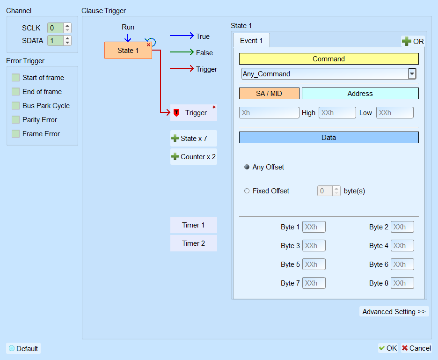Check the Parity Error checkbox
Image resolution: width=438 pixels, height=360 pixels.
[x=15, y=120]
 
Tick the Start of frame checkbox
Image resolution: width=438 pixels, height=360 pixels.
[x=15, y=77]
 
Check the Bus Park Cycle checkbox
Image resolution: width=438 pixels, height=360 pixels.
[x=15, y=106]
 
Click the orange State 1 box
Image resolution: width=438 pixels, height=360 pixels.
[x=128, y=50]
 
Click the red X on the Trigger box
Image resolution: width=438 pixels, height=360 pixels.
[x=214, y=107]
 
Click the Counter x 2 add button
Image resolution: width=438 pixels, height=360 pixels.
[x=194, y=156]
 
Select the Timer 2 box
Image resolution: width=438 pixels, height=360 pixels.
[x=194, y=243]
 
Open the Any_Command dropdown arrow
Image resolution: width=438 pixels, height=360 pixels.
[x=412, y=74]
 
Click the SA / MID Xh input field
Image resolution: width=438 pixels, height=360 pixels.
[x=269, y=113]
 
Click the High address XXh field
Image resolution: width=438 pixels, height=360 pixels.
[x=337, y=113]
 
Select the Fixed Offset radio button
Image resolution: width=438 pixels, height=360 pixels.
[x=247, y=191]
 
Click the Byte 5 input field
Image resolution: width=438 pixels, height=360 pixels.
[x=314, y=264]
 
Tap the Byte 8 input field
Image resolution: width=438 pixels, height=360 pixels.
[x=402, y=283]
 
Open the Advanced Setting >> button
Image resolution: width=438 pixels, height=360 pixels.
[x=394, y=312]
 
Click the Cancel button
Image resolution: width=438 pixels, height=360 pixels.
[x=416, y=348]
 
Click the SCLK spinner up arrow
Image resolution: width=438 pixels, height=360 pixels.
[x=67, y=26]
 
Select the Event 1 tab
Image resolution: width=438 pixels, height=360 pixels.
[x=251, y=41]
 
